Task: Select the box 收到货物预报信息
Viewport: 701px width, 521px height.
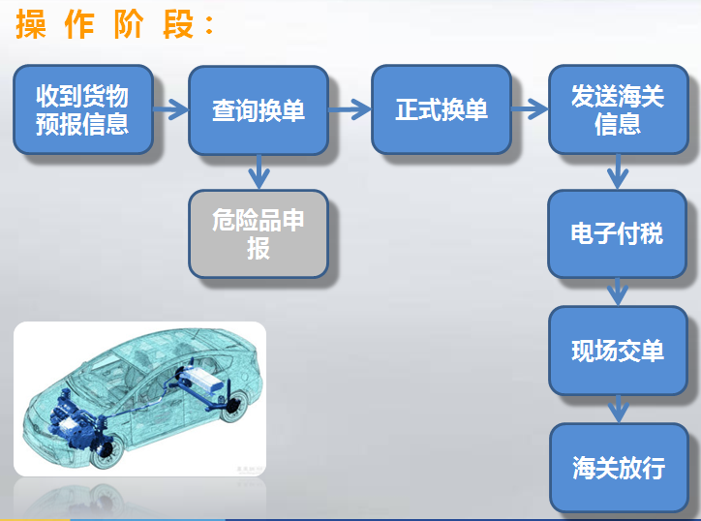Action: tap(82, 110)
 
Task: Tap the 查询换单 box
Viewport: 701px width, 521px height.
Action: tap(258, 110)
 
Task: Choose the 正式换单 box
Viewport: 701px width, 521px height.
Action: tap(442, 110)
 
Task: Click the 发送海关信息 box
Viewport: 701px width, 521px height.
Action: tap(618, 110)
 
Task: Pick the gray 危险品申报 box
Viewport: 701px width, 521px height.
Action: tap(258, 234)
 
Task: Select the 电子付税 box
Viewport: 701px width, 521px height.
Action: tap(618, 233)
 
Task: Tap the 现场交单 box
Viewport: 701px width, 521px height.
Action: tap(618, 351)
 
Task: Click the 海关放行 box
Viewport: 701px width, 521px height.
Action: tap(618, 469)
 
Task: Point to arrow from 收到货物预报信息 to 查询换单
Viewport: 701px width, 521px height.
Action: tap(170, 110)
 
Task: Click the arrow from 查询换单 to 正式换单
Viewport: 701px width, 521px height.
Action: tap(350, 110)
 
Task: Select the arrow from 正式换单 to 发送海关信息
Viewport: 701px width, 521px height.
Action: tap(530, 110)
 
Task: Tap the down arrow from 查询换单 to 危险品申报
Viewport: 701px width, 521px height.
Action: tap(258, 172)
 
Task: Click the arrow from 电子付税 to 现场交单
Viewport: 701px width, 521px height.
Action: tap(618, 291)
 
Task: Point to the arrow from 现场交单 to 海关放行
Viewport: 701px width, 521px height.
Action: tap(618, 410)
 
